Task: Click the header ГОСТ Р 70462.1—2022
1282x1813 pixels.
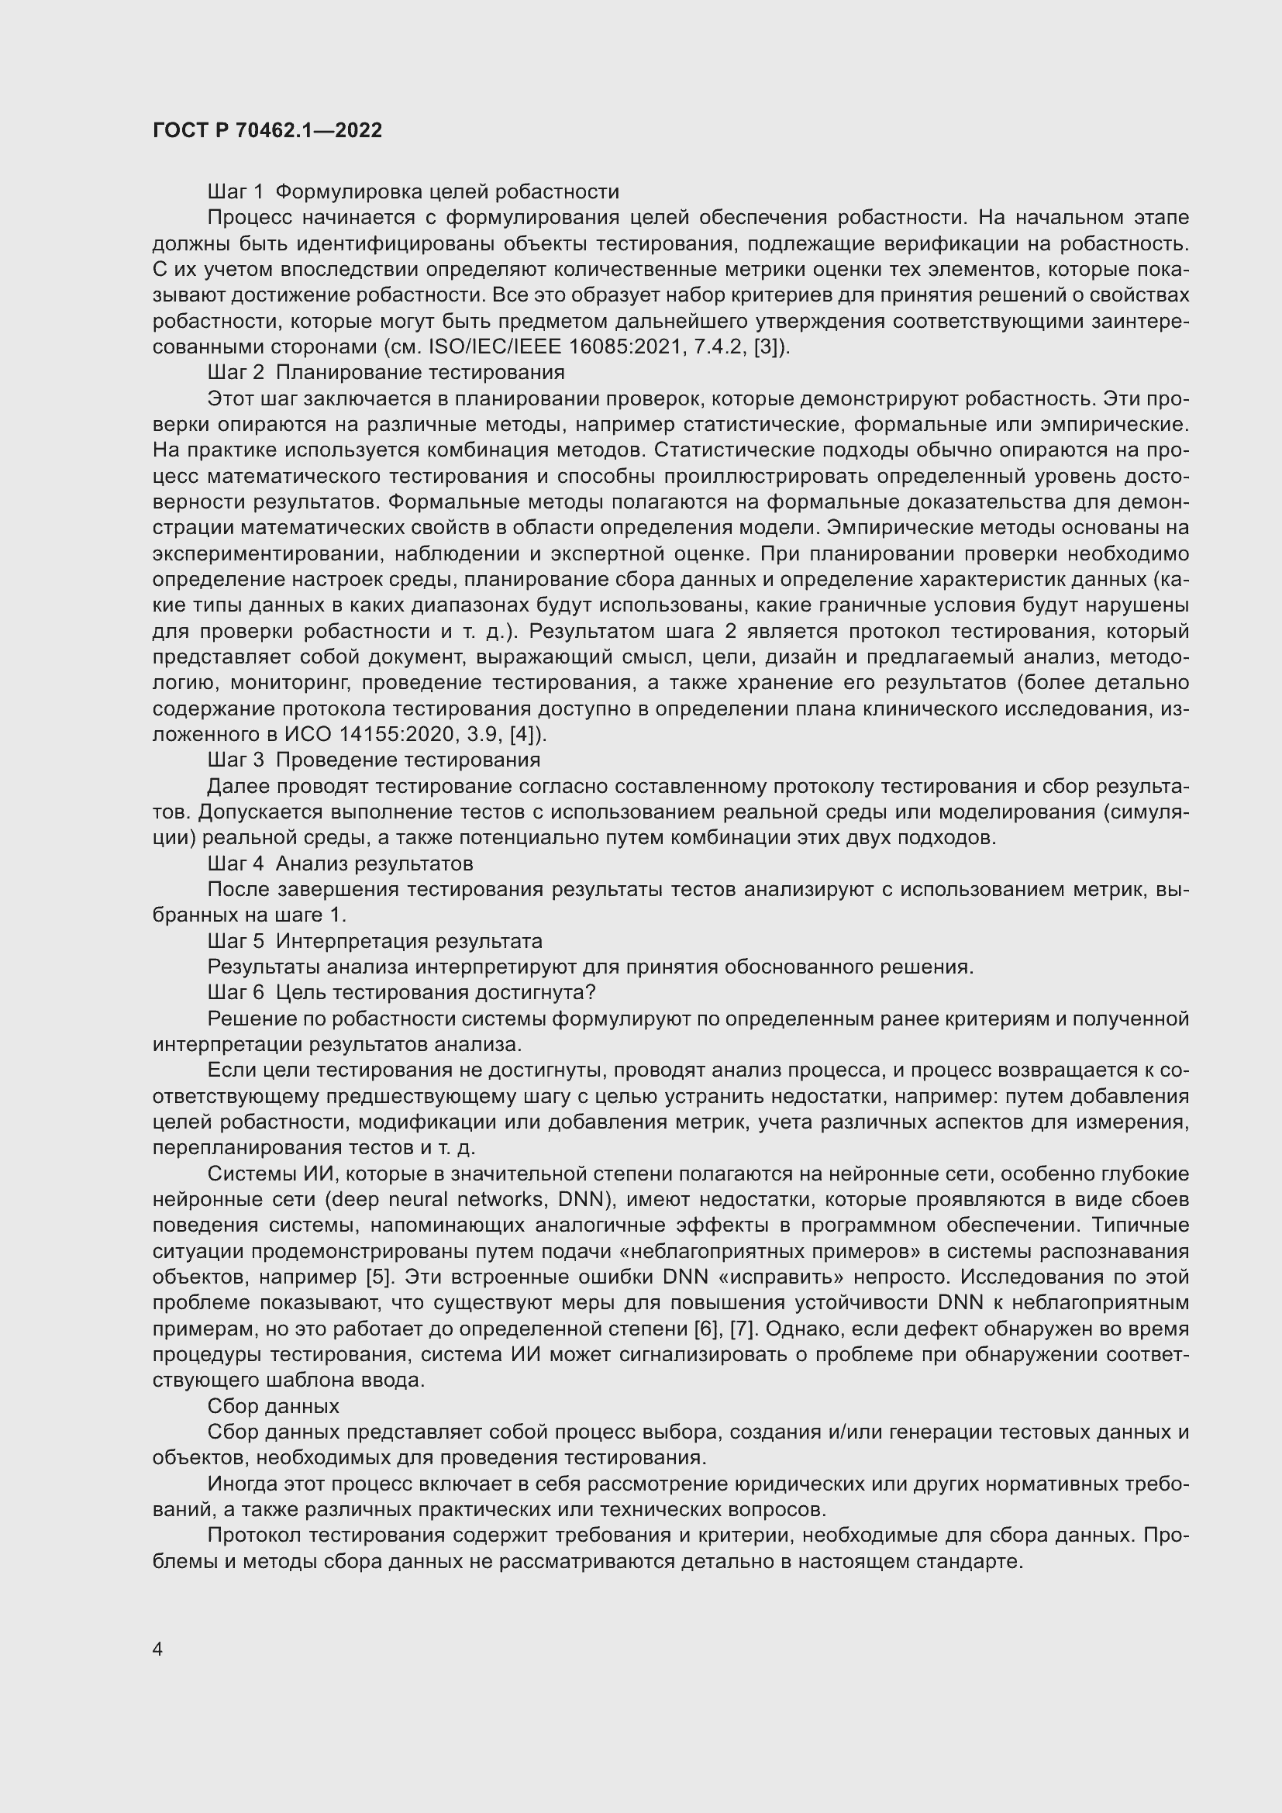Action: point(267,130)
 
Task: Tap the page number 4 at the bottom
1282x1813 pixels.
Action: point(158,1649)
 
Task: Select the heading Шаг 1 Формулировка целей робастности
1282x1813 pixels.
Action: point(413,192)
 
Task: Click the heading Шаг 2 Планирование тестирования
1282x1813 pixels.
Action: point(386,372)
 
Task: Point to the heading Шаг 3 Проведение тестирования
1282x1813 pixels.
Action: point(374,760)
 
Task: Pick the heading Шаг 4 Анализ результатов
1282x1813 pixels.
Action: point(340,863)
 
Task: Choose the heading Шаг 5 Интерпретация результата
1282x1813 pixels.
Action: point(375,941)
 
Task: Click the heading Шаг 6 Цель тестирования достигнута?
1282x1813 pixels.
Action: point(401,993)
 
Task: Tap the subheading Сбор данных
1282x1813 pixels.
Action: point(273,1406)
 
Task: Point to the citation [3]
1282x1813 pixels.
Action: point(767,347)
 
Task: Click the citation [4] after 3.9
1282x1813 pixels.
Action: point(525,735)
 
